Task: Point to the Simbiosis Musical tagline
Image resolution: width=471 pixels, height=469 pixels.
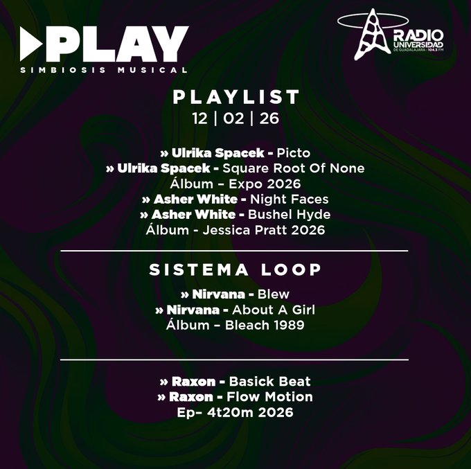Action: (x=104, y=70)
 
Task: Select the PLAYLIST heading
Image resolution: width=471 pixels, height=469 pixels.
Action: (x=236, y=97)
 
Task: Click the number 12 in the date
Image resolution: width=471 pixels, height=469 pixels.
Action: (x=200, y=118)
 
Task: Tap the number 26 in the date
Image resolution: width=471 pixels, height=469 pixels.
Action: (x=269, y=118)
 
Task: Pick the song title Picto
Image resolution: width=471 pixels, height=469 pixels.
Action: (x=293, y=152)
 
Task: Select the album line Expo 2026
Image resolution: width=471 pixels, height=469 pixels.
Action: (x=235, y=184)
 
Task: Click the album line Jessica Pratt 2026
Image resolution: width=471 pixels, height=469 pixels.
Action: (x=235, y=229)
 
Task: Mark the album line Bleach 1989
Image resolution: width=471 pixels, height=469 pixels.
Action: (x=235, y=324)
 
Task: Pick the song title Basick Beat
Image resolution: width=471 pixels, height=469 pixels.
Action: (x=269, y=381)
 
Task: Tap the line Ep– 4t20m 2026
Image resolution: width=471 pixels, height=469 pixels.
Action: (x=235, y=412)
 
